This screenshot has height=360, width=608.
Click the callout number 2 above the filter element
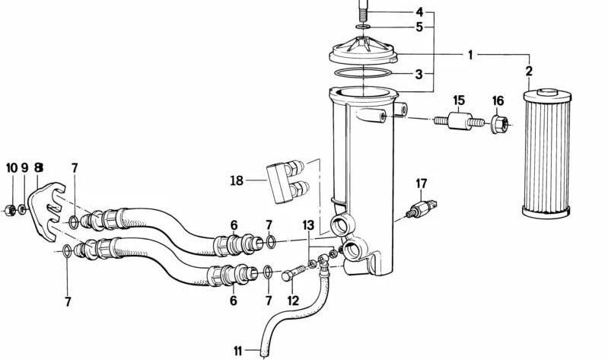tap(528, 72)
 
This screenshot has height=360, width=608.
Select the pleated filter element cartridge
tap(546, 152)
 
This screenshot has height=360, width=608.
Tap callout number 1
tap(470, 54)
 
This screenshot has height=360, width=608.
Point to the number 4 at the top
tap(419, 12)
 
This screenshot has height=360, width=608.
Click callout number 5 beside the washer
tap(419, 27)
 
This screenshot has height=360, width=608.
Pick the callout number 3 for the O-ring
tap(419, 75)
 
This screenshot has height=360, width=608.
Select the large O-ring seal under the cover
tap(364, 73)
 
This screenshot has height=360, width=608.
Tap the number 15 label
tap(459, 100)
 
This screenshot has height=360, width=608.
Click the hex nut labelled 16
tap(498, 124)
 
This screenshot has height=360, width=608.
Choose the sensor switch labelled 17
tap(419, 209)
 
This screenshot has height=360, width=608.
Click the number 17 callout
tap(422, 183)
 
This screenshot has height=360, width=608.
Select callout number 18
tap(237, 180)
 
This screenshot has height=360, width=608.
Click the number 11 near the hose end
tap(238, 351)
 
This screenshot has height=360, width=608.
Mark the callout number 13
tap(308, 225)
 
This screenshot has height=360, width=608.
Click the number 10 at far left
tap(11, 167)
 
